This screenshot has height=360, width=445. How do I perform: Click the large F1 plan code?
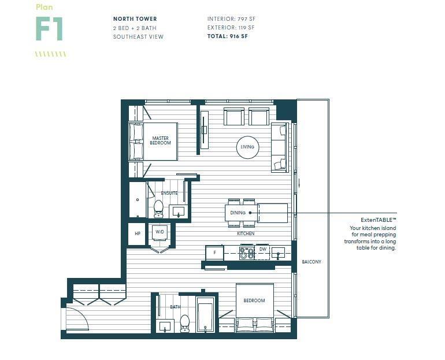tap(49, 29)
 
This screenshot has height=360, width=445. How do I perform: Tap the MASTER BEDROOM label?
tap(160, 140)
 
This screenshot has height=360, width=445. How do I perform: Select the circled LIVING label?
tap(247, 147)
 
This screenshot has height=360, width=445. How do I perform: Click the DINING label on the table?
tap(238, 213)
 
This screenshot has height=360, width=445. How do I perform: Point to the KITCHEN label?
tap(246, 234)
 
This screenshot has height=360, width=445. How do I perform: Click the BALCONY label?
tap(311, 262)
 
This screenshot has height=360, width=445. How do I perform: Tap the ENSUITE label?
tap(169, 193)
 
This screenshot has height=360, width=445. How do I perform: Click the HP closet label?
tap(137, 234)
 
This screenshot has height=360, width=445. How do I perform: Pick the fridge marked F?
tap(214, 253)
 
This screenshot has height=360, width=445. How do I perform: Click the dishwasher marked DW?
tap(262, 250)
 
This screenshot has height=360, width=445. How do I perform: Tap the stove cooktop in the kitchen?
tap(247, 253)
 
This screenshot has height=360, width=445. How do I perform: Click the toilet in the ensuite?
tap(158, 207)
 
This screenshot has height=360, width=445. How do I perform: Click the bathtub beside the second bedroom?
tap(205, 315)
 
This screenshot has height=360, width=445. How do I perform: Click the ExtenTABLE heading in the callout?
tap(379, 221)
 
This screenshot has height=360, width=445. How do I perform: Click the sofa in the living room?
tap(279, 147)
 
